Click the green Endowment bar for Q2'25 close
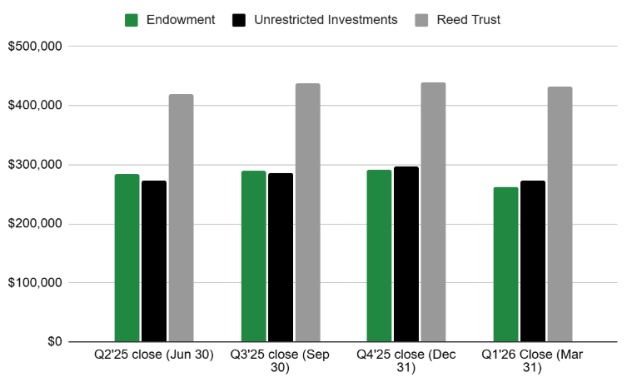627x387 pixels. (127, 258)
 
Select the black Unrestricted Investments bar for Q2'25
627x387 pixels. (154, 261)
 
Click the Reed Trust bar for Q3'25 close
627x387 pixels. (307, 212)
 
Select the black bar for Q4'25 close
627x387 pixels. (406, 254)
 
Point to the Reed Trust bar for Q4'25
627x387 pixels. (433, 212)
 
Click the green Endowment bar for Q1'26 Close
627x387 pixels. (505, 265)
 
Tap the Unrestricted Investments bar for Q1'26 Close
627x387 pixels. (533, 261)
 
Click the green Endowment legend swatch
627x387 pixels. (132, 20)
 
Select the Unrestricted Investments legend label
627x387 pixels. (326, 20)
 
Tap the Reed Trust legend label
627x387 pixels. (469, 20)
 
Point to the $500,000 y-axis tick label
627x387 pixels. (35, 47)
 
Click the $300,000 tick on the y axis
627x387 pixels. (35, 165)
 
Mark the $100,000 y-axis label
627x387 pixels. (35, 283)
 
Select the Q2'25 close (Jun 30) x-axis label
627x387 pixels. (154, 355)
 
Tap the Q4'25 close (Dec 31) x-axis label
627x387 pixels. (406, 360)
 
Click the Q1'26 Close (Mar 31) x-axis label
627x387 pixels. (533, 360)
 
